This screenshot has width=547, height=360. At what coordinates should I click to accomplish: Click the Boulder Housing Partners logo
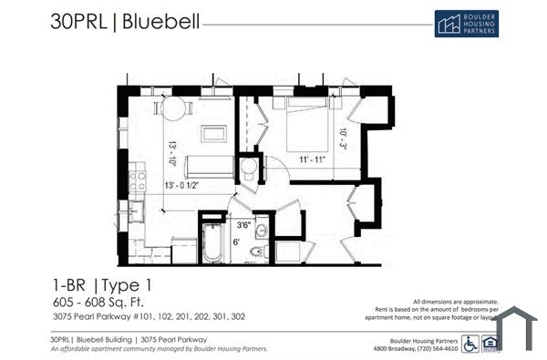pyautogui.click(x=466, y=24)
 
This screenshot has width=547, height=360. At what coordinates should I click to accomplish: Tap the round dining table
pyautogui.click(x=173, y=108)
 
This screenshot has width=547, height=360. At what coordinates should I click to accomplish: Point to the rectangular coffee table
pyautogui.click(x=215, y=133)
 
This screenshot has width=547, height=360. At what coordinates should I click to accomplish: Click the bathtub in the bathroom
pyautogui.click(x=212, y=239)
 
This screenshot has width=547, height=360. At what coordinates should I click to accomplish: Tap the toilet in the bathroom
pyautogui.click(x=257, y=251)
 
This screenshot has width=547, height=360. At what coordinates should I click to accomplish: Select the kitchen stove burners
pyautogui.click(x=137, y=179)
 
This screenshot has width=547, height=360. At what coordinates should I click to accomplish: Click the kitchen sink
pyautogui.click(x=135, y=211)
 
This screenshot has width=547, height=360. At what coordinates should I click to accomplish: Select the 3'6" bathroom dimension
pyautogui.click(x=243, y=224)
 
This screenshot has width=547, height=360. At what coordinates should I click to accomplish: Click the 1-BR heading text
pyautogui.click(x=73, y=283)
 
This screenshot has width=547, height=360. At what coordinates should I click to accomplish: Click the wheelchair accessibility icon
pyautogui.click(x=470, y=344)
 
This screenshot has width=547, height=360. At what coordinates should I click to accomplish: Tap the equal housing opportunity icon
pyautogui.click(x=490, y=344)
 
